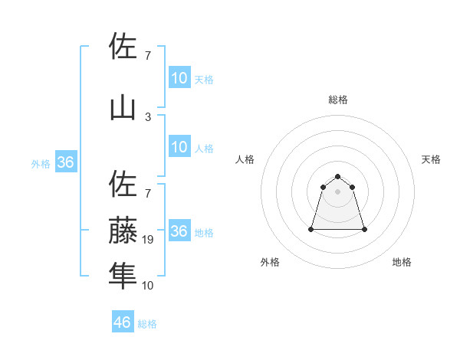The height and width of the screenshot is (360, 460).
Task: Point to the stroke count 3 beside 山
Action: [148, 116]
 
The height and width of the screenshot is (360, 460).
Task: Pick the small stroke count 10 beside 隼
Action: [149, 285]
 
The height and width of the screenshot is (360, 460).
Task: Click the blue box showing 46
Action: [123, 322]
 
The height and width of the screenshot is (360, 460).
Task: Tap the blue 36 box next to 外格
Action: [65, 162]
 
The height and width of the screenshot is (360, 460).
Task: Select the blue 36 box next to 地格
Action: [179, 231]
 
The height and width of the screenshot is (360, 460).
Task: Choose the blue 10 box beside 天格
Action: [179, 78]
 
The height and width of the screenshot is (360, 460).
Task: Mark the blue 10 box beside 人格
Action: [179, 147]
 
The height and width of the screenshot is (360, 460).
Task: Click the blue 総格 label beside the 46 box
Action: [148, 324]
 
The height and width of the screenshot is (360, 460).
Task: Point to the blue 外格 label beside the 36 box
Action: [40, 163]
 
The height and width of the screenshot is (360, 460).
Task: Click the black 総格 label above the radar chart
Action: [338, 100]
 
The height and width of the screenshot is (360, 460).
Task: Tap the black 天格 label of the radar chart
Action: [432, 159]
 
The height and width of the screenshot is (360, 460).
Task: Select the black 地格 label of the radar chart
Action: [402, 263]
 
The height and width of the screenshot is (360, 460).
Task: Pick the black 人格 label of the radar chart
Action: [245, 159]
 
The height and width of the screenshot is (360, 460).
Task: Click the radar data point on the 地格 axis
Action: [364, 229]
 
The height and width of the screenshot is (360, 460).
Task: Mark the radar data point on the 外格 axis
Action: [312, 229]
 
